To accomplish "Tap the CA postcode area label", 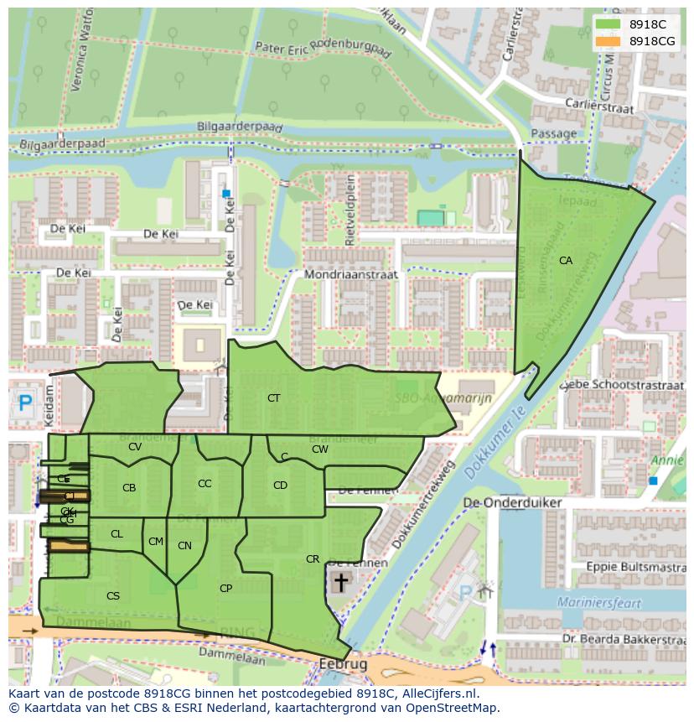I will coord(566,261).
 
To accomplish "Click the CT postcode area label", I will coord(273,398).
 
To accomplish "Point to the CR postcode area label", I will coord(313,559).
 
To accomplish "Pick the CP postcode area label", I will coord(225,589).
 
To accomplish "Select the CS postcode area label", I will coord(113,596).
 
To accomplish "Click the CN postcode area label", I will coord(184,546).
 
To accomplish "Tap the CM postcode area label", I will coord(156,542).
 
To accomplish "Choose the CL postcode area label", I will coord(117,534).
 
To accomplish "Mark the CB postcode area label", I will coord(129,488).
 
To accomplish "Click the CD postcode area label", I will coord(280,486).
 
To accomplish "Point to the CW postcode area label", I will coord(319,449).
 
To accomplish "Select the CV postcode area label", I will coord(135,447).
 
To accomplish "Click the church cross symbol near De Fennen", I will coord(340,581).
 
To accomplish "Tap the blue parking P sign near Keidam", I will coord(25,404).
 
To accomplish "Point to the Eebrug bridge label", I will coord(343,664).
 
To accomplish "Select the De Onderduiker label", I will coord(512,502).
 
